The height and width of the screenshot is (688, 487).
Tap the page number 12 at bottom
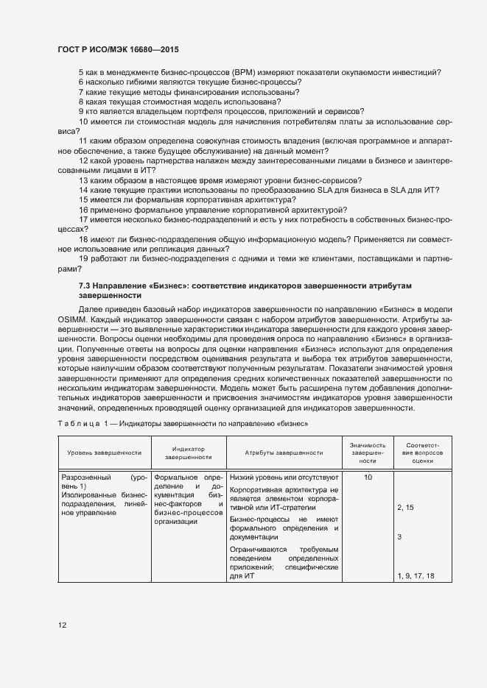pos(62,625)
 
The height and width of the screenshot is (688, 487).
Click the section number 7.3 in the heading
pos(85,284)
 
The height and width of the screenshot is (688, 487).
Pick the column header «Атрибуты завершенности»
pos(284,453)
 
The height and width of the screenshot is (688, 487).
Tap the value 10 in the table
pos(368,478)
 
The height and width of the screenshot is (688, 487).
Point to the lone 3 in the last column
pos(399,537)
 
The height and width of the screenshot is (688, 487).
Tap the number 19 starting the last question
pos(83,260)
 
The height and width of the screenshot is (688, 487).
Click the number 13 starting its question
pos(83,180)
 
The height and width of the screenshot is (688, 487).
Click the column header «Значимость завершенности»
pos(368,453)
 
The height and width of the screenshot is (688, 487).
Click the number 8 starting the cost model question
pos(81,102)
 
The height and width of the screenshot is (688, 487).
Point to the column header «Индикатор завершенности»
pos(188,453)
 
